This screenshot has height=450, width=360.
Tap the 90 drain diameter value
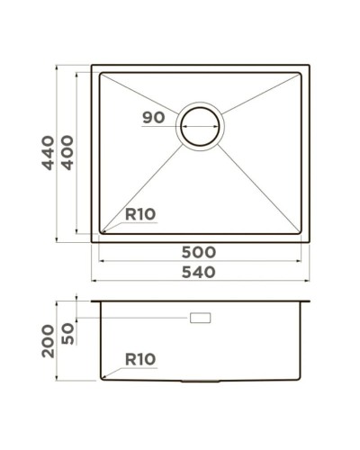coord(154,118)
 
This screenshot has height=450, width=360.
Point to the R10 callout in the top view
coord(140,214)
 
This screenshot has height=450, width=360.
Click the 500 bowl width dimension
coord(199,252)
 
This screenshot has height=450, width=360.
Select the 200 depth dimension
coord(47,341)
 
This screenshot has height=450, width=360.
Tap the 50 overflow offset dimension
coord(66,331)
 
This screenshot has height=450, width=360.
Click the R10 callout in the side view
coord(140,359)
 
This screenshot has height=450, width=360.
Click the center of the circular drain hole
coord(200,127)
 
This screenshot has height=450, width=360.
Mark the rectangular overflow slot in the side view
coord(200,319)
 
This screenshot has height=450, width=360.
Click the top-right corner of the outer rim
coord(309,65)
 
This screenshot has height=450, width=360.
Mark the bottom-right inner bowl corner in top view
coord(300,234)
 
